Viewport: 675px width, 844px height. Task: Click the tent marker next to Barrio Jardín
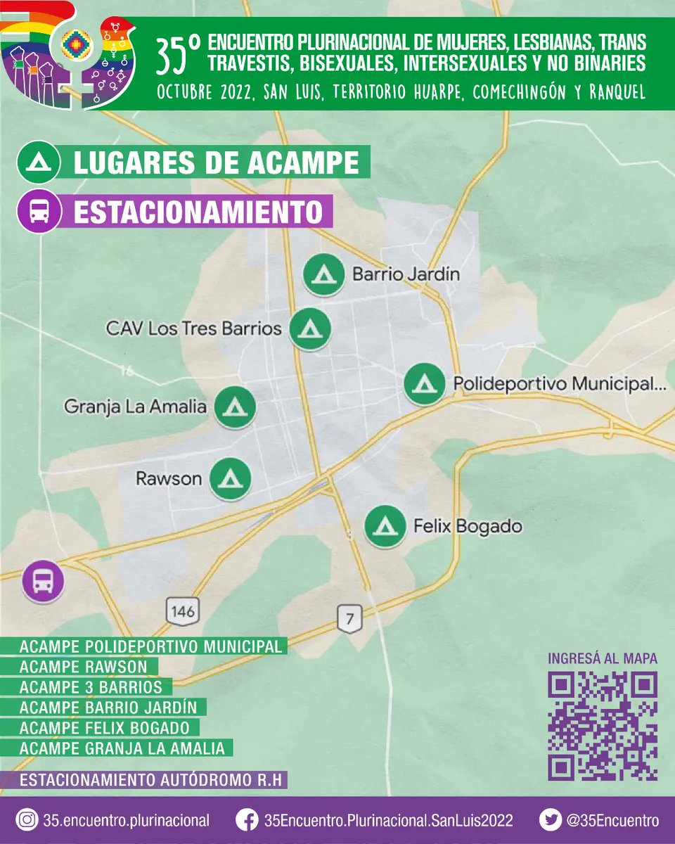pos(323,274)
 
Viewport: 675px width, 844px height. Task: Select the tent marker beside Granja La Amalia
pos(234,407)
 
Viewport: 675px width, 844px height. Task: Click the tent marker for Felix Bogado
pos(385,526)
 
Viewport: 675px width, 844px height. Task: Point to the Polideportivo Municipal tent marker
pos(424,384)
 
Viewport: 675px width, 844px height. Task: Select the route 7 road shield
pos(349,619)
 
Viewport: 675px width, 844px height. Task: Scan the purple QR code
pos(603,726)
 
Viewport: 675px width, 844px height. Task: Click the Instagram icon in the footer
pos(27,820)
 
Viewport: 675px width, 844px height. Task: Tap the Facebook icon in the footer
pos(245,820)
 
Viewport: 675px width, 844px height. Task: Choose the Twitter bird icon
pos(550,820)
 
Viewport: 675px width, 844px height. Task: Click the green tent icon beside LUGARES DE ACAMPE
pos(36,162)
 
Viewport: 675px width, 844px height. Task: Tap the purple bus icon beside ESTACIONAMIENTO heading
pos(39,211)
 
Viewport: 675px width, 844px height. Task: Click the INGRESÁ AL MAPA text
pos(603,659)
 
